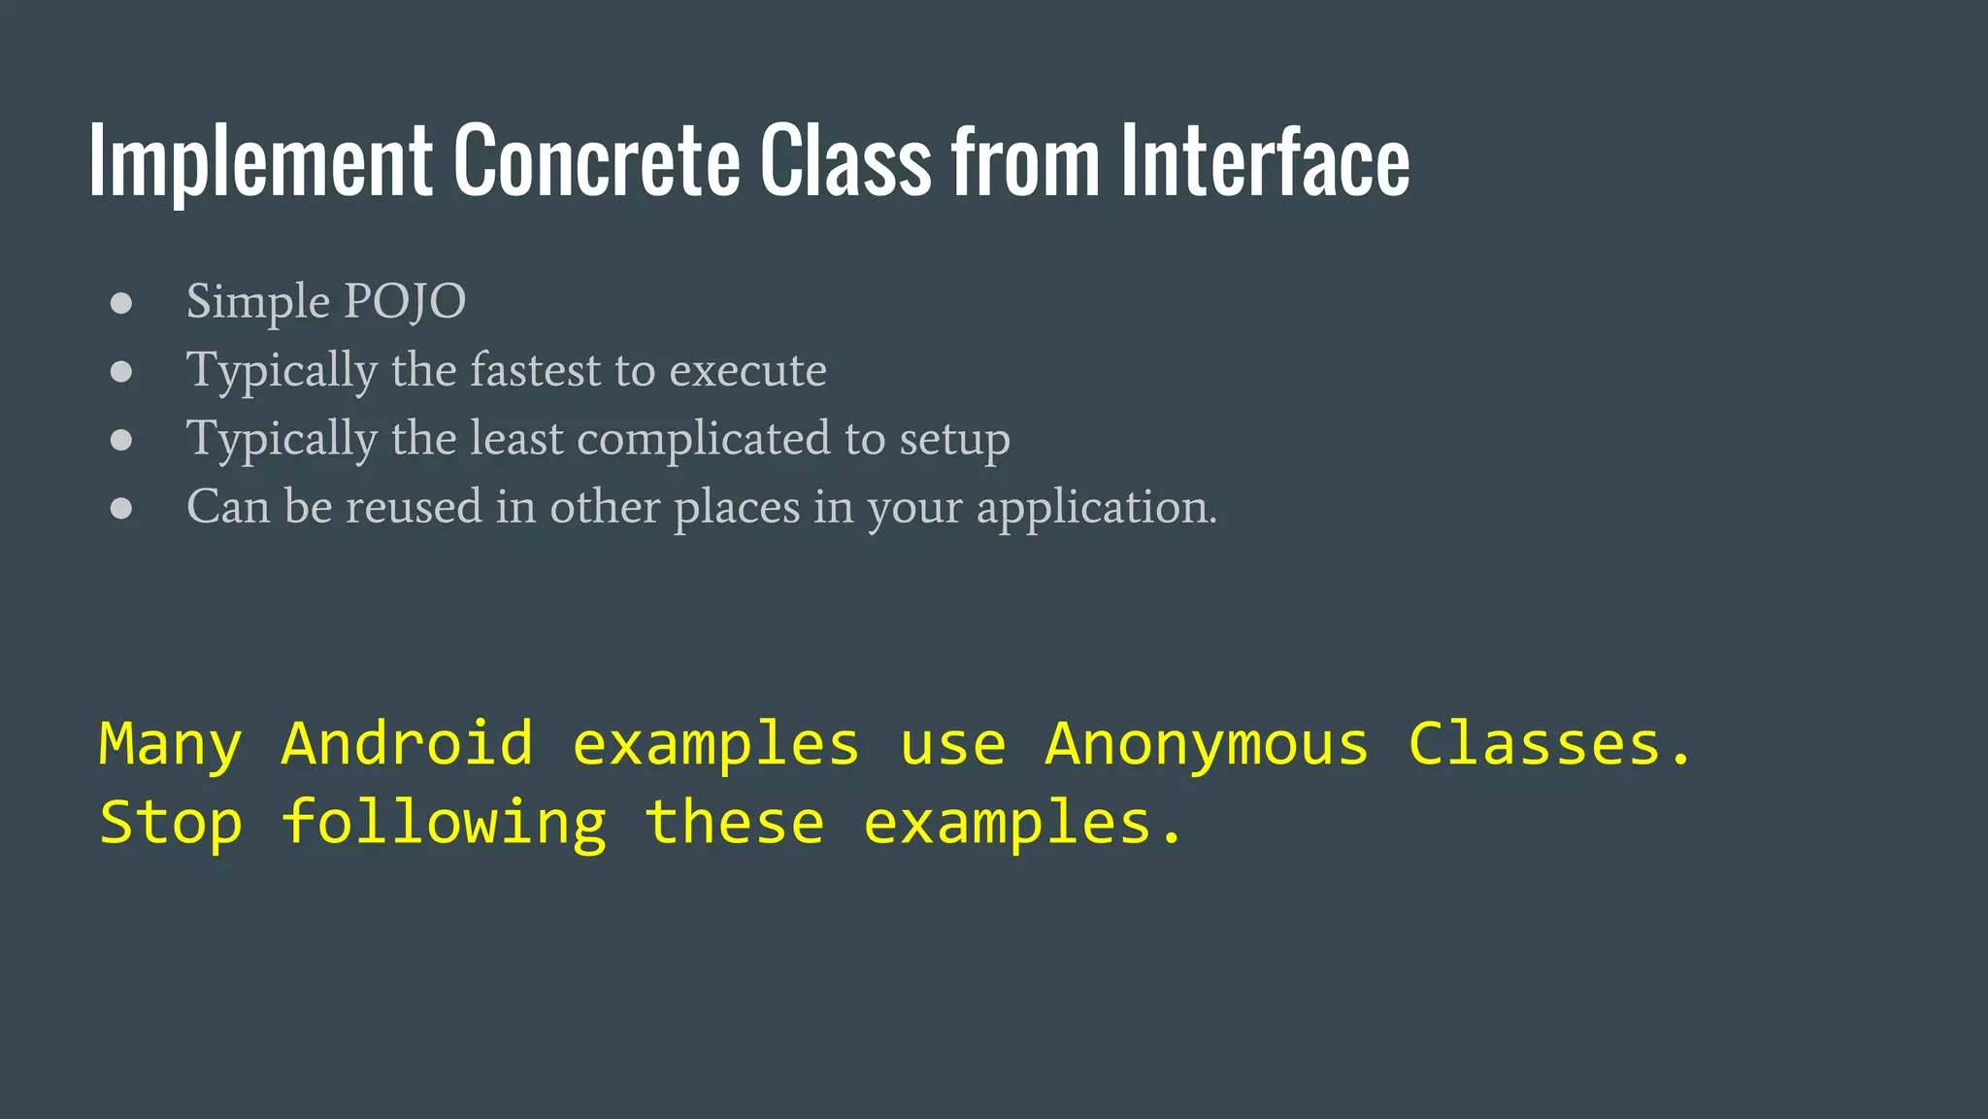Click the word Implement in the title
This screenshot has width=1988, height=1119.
[x=260, y=161]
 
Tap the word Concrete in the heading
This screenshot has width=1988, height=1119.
[x=596, y=161]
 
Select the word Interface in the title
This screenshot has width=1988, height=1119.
[x=1265, y=161]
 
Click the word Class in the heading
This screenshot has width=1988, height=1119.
[x=845, y=161]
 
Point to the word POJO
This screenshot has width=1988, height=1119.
[x=405, y=302]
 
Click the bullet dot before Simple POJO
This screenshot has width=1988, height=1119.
[x=121, y=303]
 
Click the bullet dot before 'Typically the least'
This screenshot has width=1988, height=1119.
[x=121, y=440]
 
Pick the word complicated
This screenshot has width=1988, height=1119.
[x=703, y=439]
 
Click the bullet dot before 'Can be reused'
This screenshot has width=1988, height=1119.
[x=121, y=508]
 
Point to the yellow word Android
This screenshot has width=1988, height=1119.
[x=408, y=744]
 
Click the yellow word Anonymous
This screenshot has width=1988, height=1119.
[x=1207, y=746]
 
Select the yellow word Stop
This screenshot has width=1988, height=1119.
[x=171, y=824]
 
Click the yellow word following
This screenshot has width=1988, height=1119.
[x=445, y=824]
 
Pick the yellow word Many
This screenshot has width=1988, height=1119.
[x=171, y=746]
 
